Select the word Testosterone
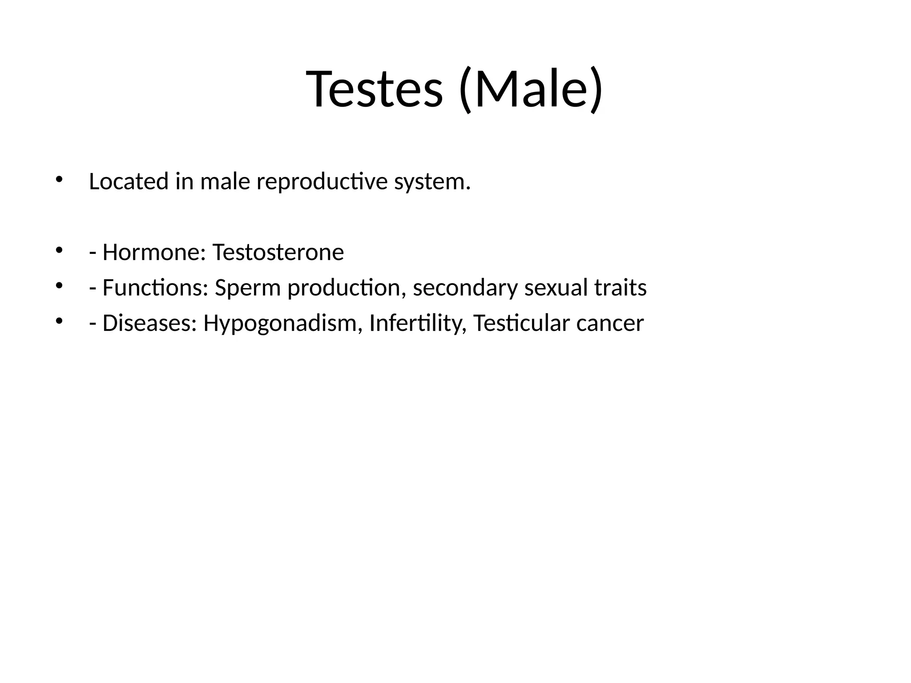[278, 253]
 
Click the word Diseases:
[149, 323]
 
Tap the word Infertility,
[418, 323]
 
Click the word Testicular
[521, 323]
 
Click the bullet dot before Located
[59, 180]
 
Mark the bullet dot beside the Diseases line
[59, 321]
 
